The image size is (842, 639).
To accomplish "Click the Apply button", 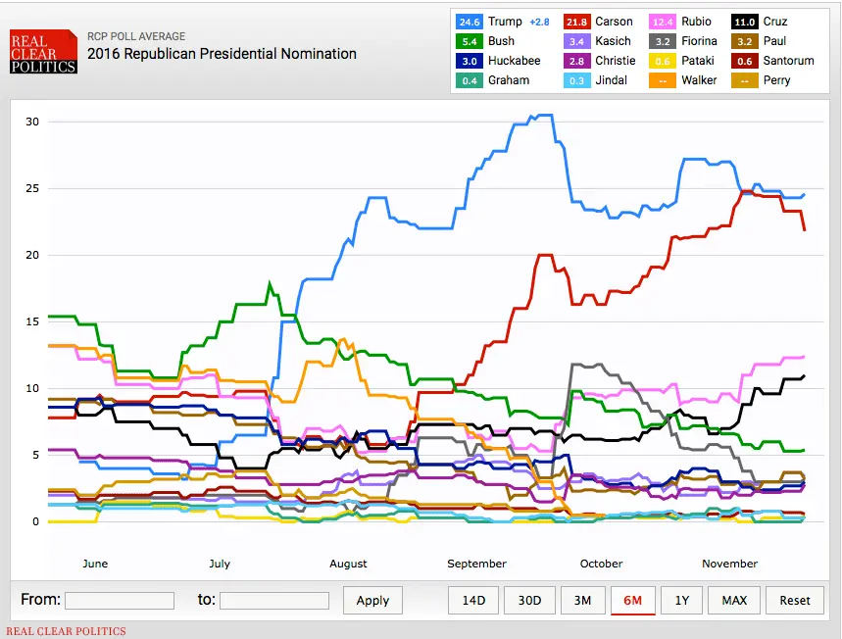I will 372,600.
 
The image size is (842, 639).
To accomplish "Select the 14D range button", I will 473,600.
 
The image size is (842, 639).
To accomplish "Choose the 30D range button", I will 529,600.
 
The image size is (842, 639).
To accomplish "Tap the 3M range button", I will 582,600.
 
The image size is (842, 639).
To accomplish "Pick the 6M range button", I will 632,600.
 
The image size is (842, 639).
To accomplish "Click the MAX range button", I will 734,600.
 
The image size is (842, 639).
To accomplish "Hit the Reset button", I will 795,600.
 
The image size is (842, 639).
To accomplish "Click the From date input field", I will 119,600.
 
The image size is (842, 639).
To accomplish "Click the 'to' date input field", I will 274,600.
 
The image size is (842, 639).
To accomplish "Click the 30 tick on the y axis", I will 32,122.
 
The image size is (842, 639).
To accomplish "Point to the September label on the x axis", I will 476,564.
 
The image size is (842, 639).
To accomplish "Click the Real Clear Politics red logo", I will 43,53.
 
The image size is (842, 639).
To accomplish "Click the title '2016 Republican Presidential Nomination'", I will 222,54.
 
